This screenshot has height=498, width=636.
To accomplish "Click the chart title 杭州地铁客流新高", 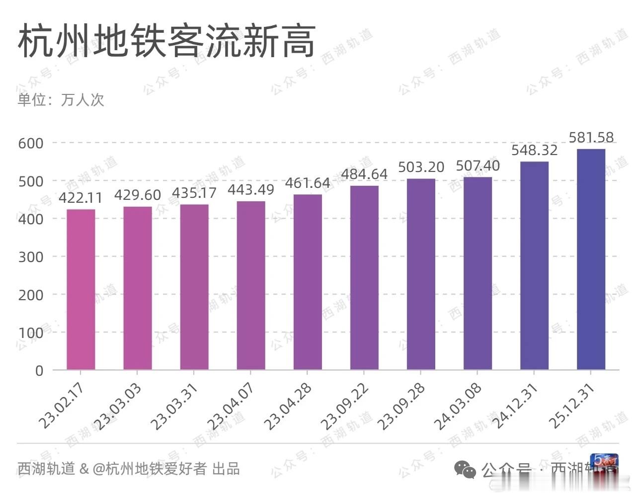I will click(x=166, y=42).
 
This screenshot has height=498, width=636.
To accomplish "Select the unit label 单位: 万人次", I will click(x=61, y=100).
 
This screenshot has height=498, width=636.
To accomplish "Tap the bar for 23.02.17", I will click(x=81, y=290).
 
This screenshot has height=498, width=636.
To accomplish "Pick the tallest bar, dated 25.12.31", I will click(x=591, y=259).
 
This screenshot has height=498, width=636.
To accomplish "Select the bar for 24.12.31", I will click(x=534, y=265).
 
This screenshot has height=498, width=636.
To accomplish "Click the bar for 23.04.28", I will click(x=308, y=282).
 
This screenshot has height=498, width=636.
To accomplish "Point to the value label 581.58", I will click(x=591, y=137).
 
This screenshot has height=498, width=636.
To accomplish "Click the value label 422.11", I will click(x=80, y=198).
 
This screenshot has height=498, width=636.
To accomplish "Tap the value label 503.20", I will click(x=421, y=167).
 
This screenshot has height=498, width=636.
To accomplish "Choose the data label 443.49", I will click(x=251, y=189).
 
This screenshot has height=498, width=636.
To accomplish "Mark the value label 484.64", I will click(x=364, y=174).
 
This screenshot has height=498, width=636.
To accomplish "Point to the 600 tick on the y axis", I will click(x=31, y=143).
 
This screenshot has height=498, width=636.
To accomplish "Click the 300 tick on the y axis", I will click(x=31, y=257).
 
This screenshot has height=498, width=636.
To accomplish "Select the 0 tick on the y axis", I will click(x=39, y=371).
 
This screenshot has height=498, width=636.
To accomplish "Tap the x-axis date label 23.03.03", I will click(x=118, y=406).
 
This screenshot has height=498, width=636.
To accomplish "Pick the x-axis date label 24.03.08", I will click(x=458, y=406).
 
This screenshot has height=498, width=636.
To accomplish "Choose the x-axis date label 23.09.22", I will click(x=344, y=406).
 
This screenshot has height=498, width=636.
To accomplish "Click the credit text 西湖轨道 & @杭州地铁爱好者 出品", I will click(x=128, y=469).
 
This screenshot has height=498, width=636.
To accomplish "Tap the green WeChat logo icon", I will click(x=465, y=469).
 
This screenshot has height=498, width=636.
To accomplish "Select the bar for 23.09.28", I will click(x=421, y=274).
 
